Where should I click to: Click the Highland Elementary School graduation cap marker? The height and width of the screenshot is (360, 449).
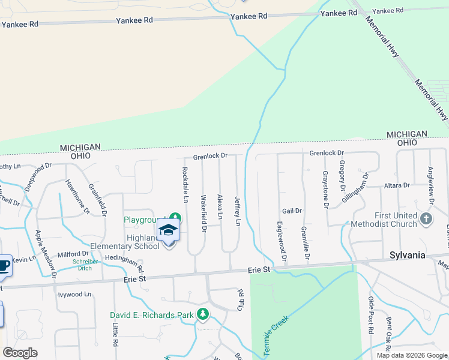[169, 232]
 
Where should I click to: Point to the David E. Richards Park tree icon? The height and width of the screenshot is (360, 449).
[203, 314]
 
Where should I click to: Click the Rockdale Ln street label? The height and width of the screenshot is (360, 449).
[185, 184]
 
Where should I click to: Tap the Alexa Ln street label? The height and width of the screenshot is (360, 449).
[220, 206]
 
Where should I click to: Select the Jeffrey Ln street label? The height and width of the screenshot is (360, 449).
[237, 211]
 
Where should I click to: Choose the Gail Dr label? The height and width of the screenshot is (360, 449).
[292, 211]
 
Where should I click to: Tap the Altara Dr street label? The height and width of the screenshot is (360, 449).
[397, 185]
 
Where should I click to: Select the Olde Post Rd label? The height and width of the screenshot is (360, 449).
[371, 315]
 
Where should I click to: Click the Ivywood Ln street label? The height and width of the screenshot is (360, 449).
[74, 295]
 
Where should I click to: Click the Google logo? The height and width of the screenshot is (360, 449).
[20, 353]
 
